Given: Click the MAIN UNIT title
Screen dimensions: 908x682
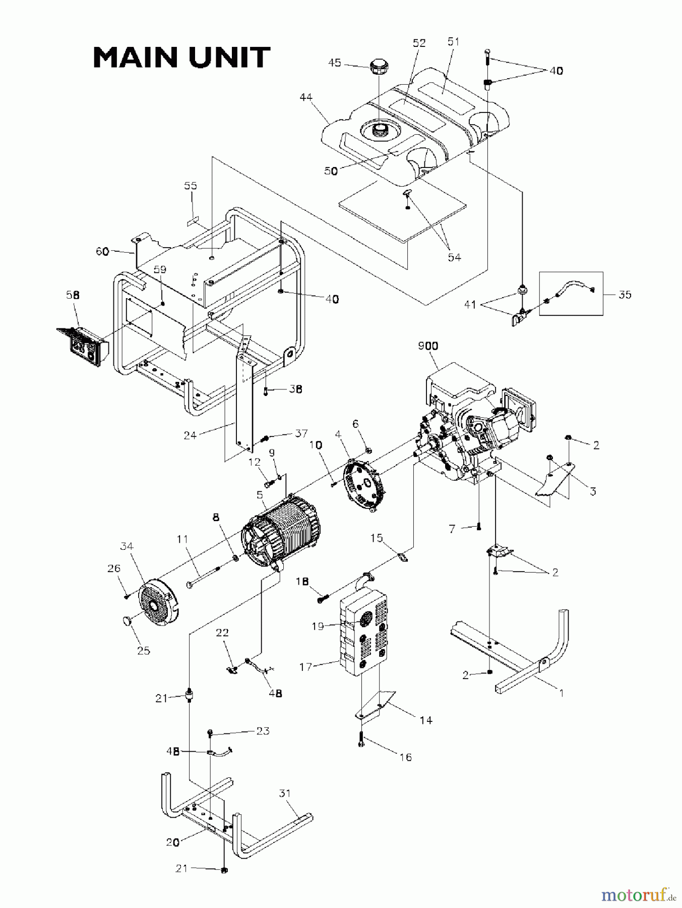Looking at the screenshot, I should point(181,58).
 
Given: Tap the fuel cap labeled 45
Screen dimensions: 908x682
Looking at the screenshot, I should point(378,67).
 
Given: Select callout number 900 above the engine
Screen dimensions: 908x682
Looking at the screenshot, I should point(428,346).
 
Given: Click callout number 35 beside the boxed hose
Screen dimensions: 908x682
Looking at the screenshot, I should point(625,295).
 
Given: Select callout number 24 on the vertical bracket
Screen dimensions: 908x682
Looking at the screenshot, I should point(190,435).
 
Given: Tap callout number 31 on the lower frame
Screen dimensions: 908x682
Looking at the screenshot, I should point(285,794).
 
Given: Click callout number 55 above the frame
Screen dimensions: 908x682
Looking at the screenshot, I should point(190,186).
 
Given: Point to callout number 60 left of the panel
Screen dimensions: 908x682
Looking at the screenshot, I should point(103,251).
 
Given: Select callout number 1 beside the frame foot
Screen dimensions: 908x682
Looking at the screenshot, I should point(561,693).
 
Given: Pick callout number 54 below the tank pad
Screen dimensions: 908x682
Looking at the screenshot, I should point(454,257).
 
